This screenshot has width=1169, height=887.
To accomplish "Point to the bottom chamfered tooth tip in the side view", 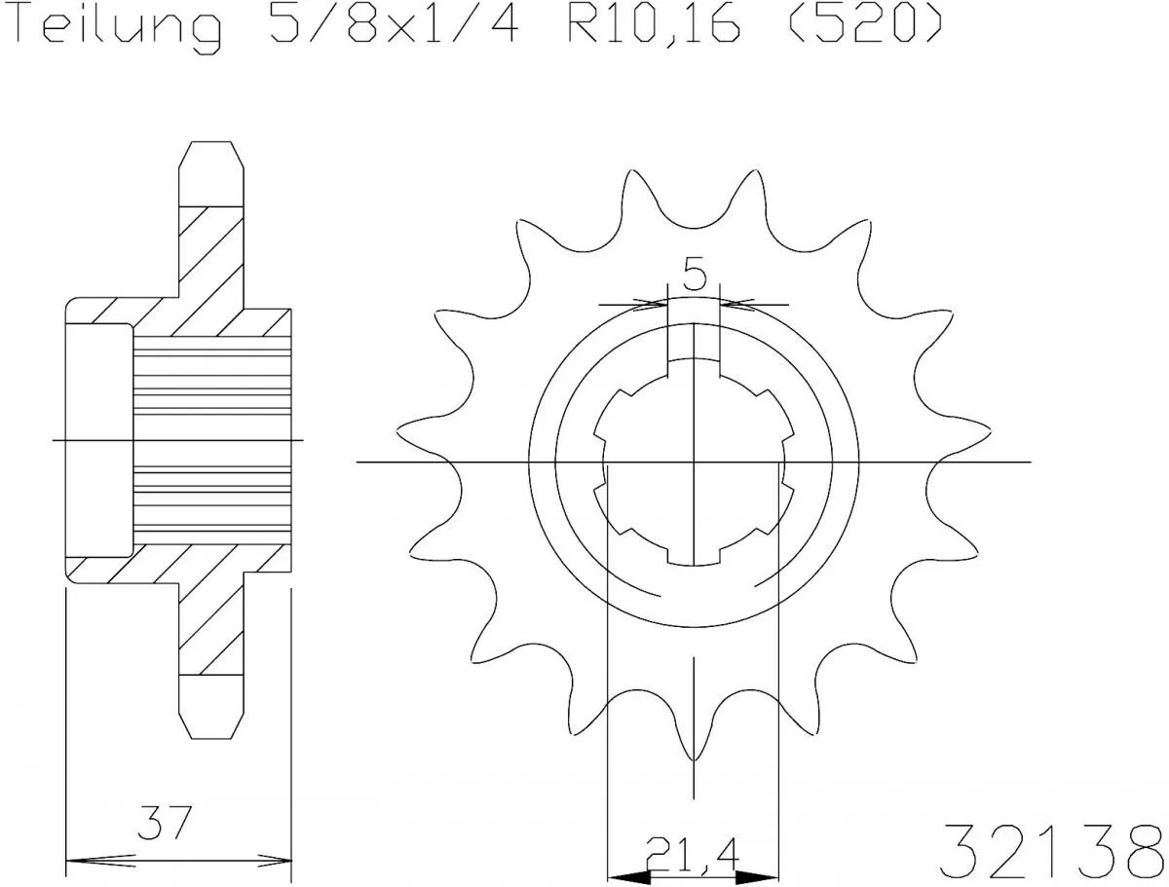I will pos(210,721).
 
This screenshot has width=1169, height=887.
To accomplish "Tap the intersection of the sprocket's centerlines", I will pos(694,461).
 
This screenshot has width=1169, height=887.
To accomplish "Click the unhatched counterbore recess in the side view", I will pos(98,440).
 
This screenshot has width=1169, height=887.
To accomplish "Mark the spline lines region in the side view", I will pos(212,440).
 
